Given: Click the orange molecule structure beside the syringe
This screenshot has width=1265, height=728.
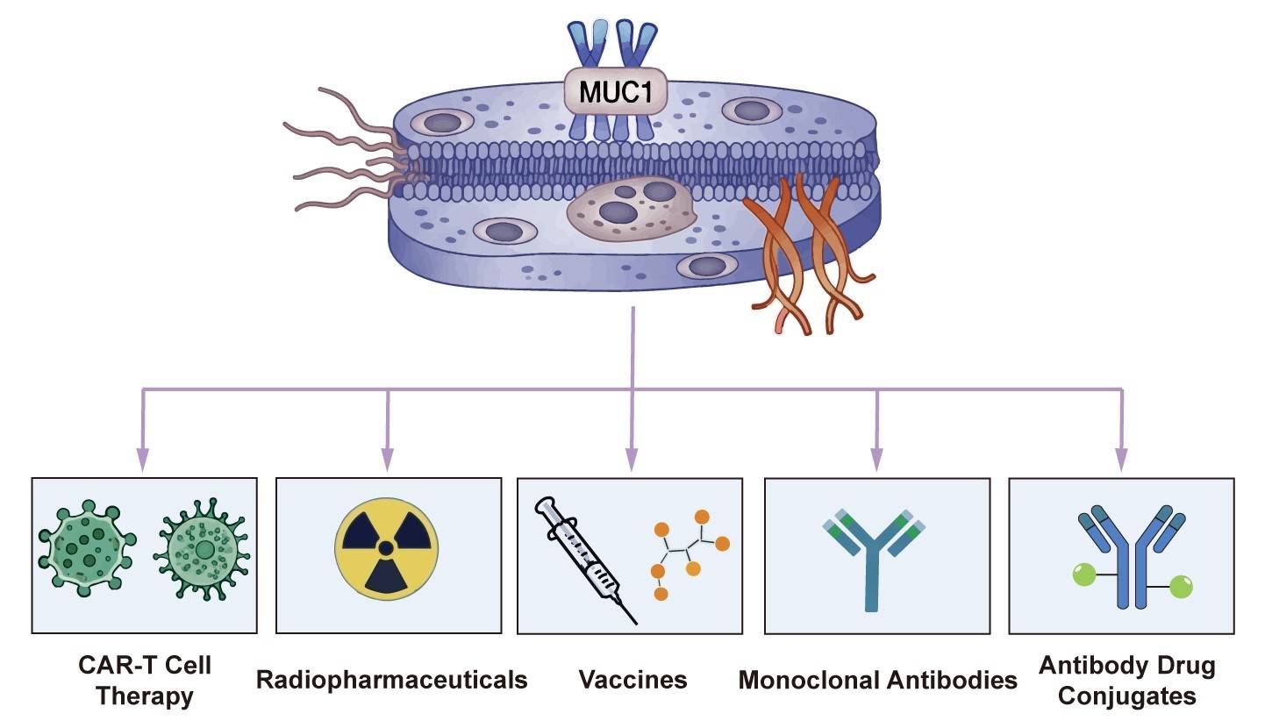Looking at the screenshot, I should tap(690, 553).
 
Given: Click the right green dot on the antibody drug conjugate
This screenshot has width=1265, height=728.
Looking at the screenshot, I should tap(1181, 585).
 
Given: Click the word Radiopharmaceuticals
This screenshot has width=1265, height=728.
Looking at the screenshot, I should tap(391, 680).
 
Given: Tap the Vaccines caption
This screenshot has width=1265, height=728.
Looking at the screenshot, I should tap(632, 680).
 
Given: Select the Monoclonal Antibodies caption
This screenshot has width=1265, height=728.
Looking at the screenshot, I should tap(877, 680).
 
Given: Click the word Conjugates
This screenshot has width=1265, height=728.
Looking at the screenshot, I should tap(1126, 696).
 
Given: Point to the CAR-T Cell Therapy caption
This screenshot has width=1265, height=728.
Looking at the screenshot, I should tap(144, 681).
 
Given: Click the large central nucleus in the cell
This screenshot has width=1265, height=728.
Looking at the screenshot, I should tap(628, 211).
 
